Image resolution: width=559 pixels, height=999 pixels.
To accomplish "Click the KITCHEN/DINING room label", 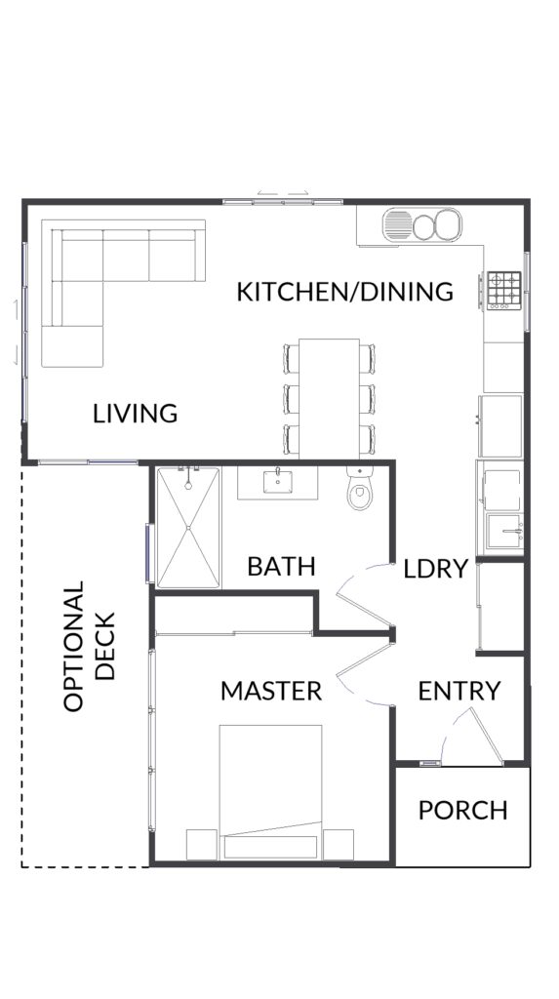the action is (x=344, y=291).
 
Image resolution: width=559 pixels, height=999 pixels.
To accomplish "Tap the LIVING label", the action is (x=136, y=414).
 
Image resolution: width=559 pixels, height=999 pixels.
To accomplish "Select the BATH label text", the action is (x=281, y=566).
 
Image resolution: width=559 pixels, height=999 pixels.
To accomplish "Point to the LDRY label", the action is (x=436, y=569).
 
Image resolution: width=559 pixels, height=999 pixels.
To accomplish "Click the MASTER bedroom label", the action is (x=271, y=691).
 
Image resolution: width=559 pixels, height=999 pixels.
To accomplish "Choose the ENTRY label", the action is (x=459, y=691).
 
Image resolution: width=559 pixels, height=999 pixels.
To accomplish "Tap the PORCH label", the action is (x=462, y=811).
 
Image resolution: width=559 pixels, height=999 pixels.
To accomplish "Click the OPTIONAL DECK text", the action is (x=89, y=646).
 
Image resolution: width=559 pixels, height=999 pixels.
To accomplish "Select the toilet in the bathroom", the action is (x=360, y=488).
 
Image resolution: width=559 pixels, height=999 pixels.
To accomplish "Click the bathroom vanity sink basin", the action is (x=278, y=482).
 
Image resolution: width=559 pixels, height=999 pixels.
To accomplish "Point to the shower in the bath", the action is (x=188, y=528).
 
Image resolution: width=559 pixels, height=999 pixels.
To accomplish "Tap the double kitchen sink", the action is (x=422, y=225).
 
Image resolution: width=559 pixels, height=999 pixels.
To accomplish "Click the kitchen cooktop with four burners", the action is (x=504, y=291).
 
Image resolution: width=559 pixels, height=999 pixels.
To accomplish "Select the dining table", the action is (x=330, y=399).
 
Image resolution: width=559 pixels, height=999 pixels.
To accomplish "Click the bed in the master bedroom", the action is (x=270, y=792).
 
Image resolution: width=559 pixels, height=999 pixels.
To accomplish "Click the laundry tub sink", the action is (x=504, y=532).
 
